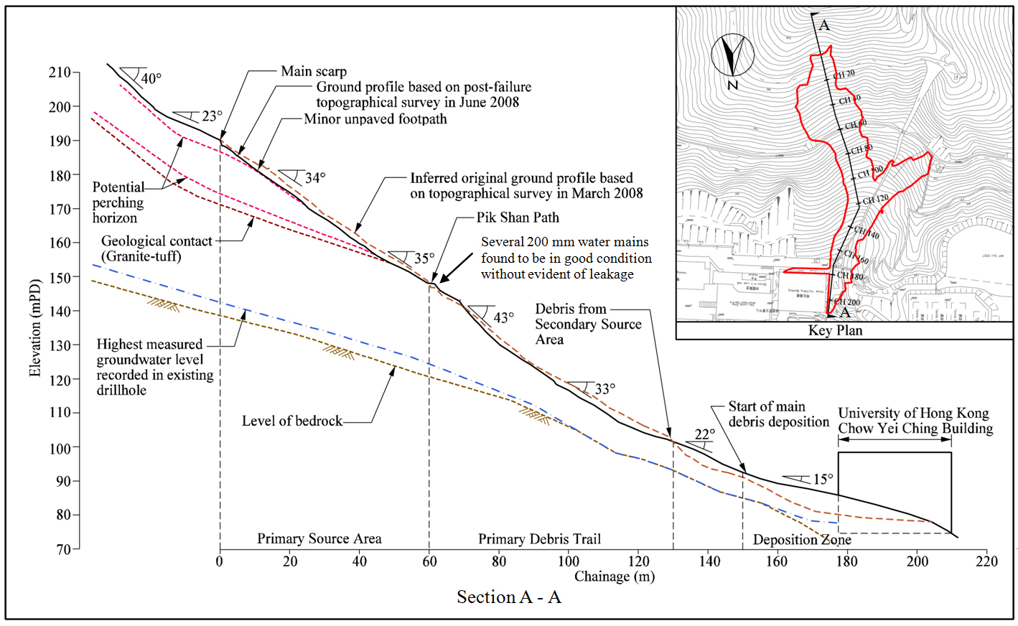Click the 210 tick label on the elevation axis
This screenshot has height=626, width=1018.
coord(60,73)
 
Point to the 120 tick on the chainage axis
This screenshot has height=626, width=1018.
coord(638,561)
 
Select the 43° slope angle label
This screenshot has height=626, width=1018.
coord(503,317)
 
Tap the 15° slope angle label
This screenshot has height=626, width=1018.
coord(823,479)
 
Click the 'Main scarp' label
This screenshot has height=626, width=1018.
coord(314,71)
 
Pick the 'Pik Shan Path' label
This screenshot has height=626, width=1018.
coord(518,218)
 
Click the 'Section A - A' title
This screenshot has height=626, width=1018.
coord(508,597)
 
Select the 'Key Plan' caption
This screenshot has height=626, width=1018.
coord(835,330)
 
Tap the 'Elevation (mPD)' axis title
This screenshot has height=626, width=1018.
coord(35,327)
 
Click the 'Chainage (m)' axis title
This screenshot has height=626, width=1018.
coord(615,576)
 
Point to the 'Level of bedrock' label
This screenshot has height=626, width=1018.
coord(292,421)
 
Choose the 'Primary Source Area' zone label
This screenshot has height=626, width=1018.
coord(319,538)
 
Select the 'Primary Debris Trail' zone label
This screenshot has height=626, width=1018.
coord(539,538)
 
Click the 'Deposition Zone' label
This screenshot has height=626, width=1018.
coord(802,539)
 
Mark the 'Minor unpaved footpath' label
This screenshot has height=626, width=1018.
coord(375,119)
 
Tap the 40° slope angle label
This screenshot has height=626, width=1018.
coord(151,78)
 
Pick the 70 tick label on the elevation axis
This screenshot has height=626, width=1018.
coord(64,549)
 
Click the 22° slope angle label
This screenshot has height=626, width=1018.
coord(704,434)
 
